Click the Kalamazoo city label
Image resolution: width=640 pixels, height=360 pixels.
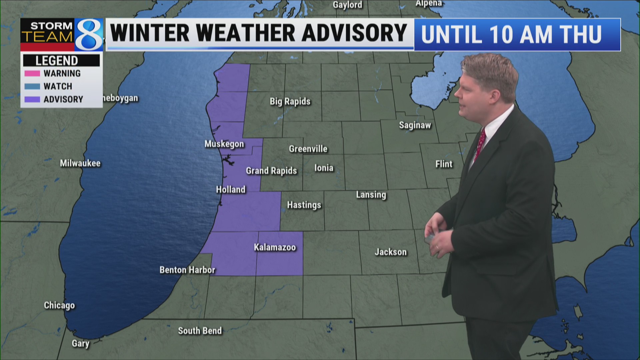tap(275, 247)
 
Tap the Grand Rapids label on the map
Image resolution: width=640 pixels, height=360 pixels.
tap(271, 171)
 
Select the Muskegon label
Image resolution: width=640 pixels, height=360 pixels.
tap(224, 144)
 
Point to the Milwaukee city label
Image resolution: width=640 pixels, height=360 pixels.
tap(80, 163)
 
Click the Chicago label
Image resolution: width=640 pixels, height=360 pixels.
tap(59, 305)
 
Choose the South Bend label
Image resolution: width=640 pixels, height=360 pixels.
tap(200, 331)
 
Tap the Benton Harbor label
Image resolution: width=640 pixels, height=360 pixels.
tap(187, 270)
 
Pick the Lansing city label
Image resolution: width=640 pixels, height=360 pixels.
tap(371, 194)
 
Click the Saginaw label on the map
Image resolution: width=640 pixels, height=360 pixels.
tap(415, 125)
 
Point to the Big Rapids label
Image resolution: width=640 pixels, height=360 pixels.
tap(290, 101)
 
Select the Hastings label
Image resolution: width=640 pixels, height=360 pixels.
tap(304, 205)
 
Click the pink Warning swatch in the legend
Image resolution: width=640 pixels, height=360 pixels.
tap(32, 73)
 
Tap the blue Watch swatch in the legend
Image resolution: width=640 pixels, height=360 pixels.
tap(32, 86)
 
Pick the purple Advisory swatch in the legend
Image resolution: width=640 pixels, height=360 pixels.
tap(32, 99)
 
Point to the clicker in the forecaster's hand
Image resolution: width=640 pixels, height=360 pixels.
tap(430, 239)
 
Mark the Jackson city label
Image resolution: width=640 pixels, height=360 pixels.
tap(391, 252)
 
